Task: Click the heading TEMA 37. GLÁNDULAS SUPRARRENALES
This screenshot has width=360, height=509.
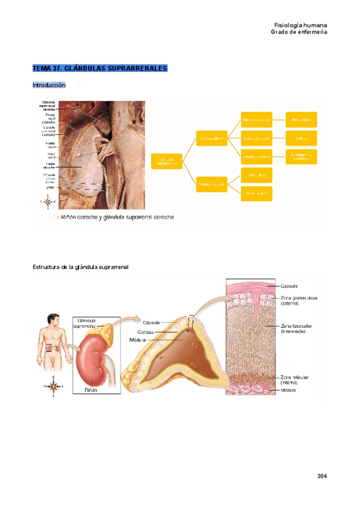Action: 100,68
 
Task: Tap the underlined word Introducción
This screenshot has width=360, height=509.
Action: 49,85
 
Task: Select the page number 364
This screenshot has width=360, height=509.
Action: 322,476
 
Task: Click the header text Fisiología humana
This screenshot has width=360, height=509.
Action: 301,25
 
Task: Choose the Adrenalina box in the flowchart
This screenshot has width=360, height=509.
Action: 256,175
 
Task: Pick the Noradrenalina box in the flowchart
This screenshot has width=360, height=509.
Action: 256,193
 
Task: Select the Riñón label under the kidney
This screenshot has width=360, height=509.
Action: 91,388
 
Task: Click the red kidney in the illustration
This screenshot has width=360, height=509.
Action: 93,360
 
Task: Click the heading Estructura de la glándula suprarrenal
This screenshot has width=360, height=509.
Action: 80,267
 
